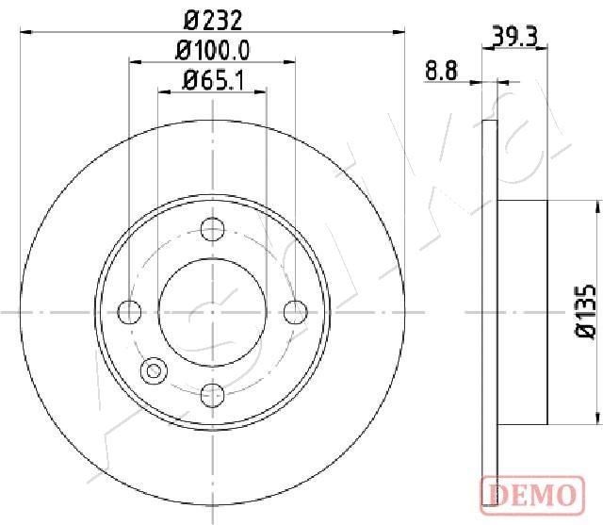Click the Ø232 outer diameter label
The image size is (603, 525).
click(212, 17)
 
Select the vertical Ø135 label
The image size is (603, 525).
click(583, 309)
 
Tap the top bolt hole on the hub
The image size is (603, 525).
click(213, 227)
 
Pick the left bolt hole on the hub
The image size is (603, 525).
click(129, 310)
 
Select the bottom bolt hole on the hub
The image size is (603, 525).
click(213, 393)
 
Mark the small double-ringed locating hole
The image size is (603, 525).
click(153, 369)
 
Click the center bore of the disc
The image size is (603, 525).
click(213, 310)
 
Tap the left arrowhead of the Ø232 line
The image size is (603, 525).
click(24, 31)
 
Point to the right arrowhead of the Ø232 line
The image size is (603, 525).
click(399, 31)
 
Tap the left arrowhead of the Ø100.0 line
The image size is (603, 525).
click(133, 63)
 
